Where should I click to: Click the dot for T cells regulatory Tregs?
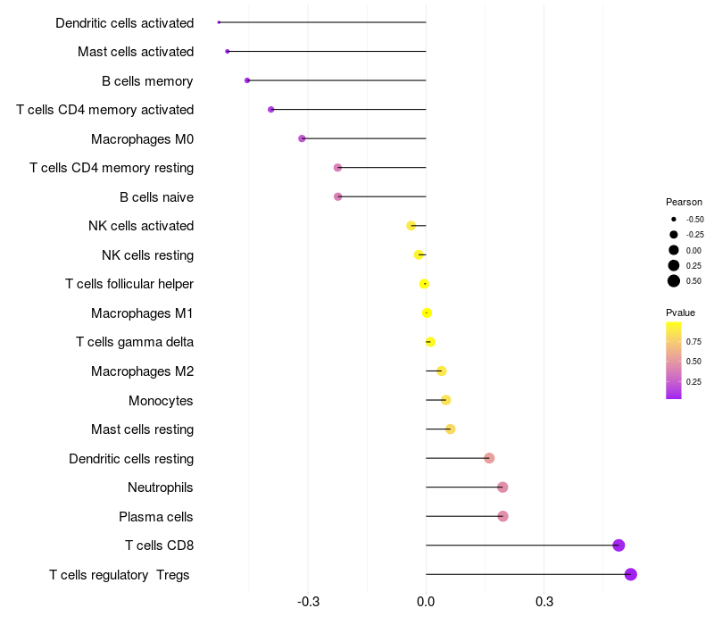pyautogui.click(x=631, y=574)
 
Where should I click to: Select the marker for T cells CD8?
pyautogui.click(x=619, y=546)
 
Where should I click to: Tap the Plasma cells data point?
pyautogui.click(x=502, y=516)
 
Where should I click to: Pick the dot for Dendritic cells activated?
pyautogui.click(x=219, y=22)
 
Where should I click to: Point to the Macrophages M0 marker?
pyautogui.click(x=302, y=138)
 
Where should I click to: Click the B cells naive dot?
pyautogui.click(x=337, y=196)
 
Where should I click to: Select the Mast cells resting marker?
pyautogui.click(x=451, y=429)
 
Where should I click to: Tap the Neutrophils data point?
pyautogui.click(x=502, y=487)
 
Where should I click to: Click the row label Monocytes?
pyautogui.click(x=161, y=400)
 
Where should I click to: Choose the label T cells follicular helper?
pyautogui.click(x=129, y=284)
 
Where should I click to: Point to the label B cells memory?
pyautogui.click(x=147, y=80)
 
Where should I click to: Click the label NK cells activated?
pyautogui.click(x=141, y=226)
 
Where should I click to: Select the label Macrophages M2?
pyautogui.click(x=142, y=371)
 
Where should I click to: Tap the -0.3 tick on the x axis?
pyautogui.click(x=308, y=602)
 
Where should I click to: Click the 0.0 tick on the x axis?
pyautogui.click(x=426, y=602)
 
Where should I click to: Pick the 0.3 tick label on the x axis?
pyautogui.click(x=544, y=602)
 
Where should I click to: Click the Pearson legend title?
pyautogui.click(x=684, y=202)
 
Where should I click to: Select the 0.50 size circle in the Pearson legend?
pyautogui.click(x=674, y=281)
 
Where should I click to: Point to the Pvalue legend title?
pyautogui.click(x=680, y=312)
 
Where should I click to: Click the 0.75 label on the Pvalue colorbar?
pyautogui.click(x=693, y=341)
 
